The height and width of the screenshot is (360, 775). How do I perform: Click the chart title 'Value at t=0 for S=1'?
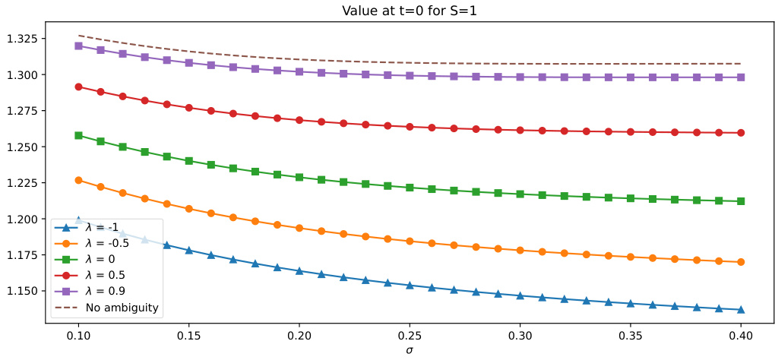[410, 9]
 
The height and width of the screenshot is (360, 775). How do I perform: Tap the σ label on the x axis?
[410, 350]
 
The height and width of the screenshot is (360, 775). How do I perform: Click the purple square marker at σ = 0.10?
[79, 46]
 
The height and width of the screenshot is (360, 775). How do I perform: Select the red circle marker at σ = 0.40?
[741, 133]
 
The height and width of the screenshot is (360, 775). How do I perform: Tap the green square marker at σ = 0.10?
[79, 135]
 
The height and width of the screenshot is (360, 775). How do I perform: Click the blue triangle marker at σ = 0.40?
[741, 309]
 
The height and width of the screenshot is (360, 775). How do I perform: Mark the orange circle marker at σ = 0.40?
[741, 262]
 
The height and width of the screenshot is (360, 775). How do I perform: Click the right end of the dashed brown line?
[741, 64]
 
